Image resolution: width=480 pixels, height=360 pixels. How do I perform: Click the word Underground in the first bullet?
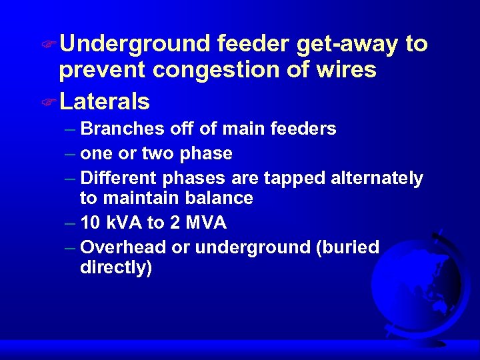click(x=134, y=45)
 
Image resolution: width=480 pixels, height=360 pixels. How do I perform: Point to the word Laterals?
click(x=104, y=101)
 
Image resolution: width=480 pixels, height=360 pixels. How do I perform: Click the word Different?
click(x=117, y=179)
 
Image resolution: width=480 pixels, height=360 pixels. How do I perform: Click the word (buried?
click(x=349, y=248)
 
